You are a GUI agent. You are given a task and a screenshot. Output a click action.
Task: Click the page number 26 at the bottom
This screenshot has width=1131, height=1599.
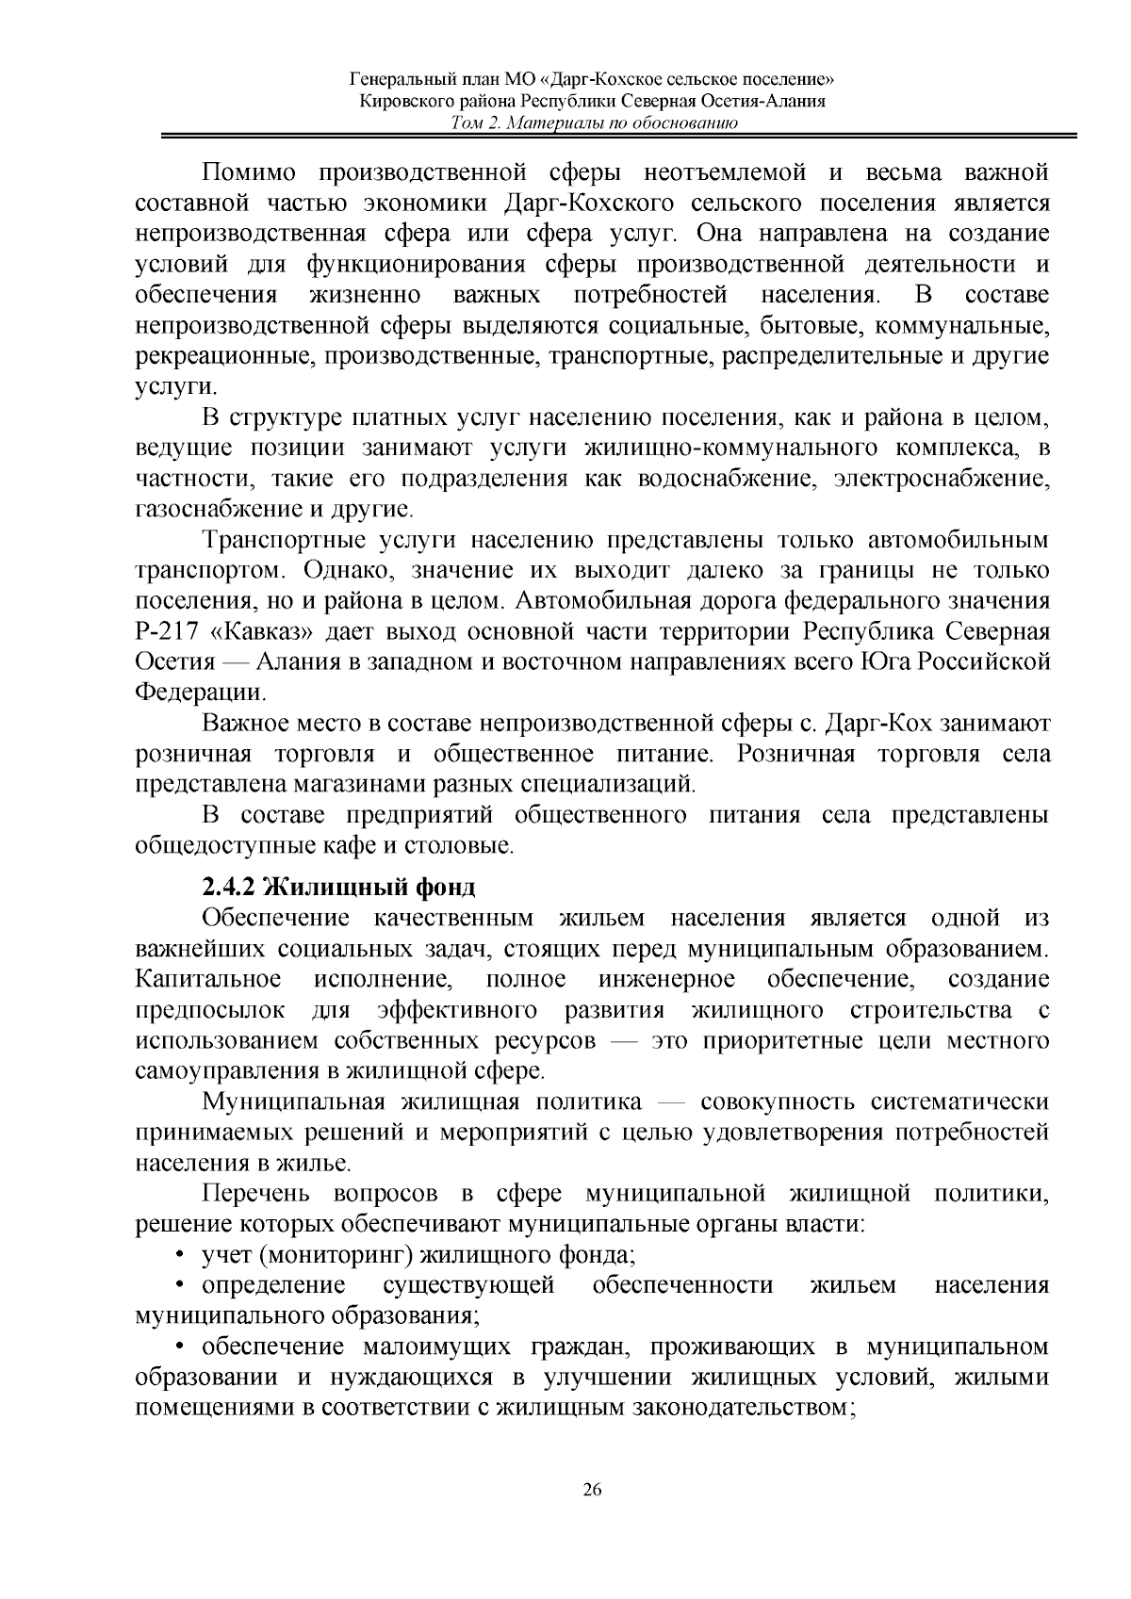click(592, 1490)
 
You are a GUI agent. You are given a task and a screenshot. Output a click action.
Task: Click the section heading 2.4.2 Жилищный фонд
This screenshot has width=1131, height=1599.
click(339, 887)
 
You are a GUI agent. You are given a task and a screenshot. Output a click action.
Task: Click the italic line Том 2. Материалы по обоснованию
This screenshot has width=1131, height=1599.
click(592, 123)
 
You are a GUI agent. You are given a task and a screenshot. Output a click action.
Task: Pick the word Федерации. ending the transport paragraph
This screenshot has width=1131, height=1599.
click(201, 693)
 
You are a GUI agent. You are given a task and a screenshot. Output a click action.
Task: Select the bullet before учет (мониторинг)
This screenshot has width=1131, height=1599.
click(180, 1255)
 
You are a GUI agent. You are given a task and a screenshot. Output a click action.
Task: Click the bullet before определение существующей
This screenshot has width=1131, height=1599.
click(180, 1285)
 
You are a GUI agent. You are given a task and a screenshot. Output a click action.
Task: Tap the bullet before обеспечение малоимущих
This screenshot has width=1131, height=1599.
click(180, 1346)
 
